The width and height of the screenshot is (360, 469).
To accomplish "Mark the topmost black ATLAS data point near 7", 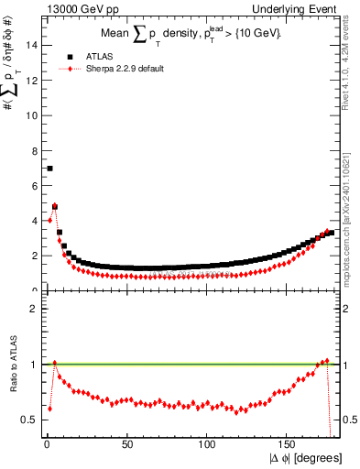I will (49, 169).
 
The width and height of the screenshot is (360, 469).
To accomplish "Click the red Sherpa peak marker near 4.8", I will (55, 207).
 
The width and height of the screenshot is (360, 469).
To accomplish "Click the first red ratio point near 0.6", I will (49, 409).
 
